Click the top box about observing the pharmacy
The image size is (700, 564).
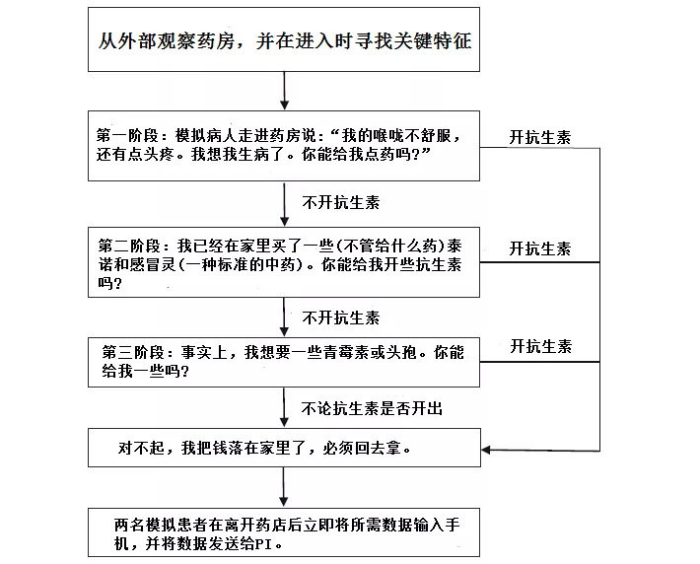point(284,41)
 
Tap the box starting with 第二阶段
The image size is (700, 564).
point(284,262)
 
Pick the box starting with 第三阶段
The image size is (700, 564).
point(284,362)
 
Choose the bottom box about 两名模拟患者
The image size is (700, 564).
point(284,532)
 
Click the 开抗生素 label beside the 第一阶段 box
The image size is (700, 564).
point(539,137)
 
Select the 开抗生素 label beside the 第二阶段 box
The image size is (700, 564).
point(539,249)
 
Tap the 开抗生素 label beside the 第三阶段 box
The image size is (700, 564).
point(539,347)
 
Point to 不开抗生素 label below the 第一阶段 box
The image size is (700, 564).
point(340,202)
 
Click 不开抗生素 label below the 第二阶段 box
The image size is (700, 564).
point(340,317)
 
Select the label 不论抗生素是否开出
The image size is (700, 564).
point(364,405)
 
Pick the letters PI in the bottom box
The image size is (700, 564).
point(270,544)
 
